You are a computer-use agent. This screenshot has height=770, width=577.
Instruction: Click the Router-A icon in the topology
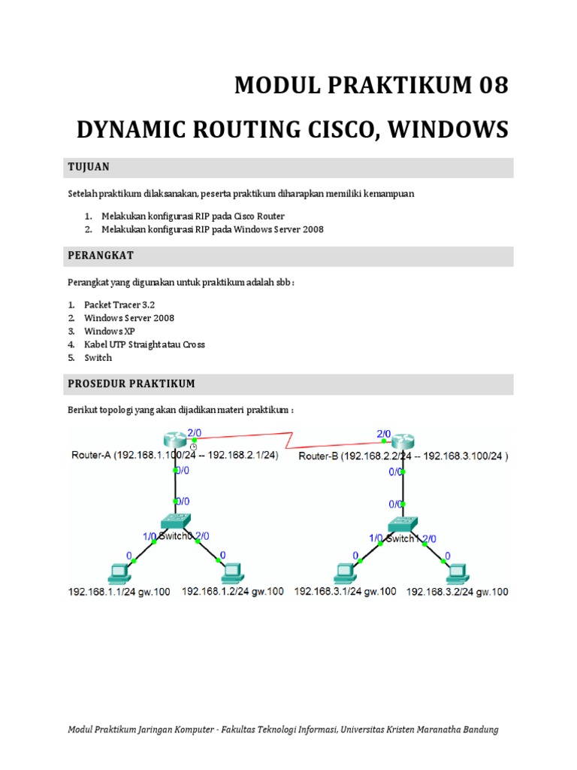(x=175, y=440)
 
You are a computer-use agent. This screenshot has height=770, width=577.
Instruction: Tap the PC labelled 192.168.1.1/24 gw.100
(x=119, y=573)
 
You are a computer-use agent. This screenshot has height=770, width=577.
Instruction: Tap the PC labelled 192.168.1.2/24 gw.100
(x=231, y=573)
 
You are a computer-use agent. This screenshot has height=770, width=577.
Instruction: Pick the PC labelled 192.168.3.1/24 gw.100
(x=346, y=573)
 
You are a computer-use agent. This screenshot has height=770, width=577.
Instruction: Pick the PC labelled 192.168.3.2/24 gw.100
(x=458, y=573)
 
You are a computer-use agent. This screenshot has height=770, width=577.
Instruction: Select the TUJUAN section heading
(x=89, y=166)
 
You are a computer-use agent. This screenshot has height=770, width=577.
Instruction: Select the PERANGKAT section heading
(x=101, y=256)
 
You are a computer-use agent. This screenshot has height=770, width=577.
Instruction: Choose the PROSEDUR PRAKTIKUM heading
(x=131, y=383)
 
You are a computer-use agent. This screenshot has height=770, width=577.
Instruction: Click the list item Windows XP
(x=108, y=331)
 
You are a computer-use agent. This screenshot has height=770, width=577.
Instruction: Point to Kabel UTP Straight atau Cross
(x=144, y=344)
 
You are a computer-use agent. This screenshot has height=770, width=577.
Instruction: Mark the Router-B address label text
(x=403, y=456)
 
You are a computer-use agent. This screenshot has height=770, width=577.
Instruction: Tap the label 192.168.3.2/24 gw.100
(x=457, y=592)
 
